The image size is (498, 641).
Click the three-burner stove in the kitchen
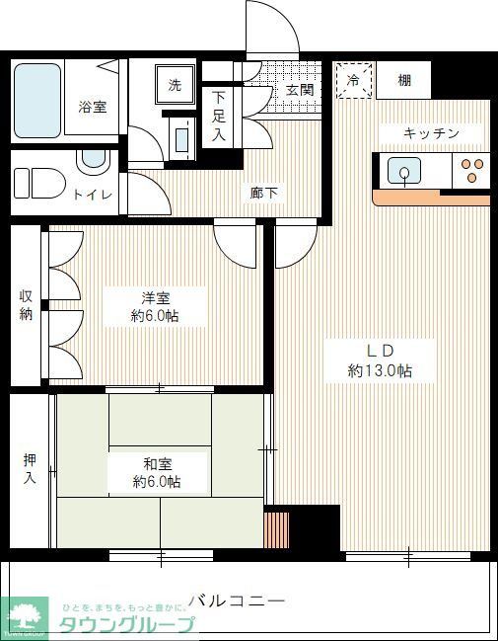[x=470, y=171]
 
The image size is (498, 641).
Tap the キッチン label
[x=430, y=133]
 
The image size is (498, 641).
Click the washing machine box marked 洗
[x=176, y=85]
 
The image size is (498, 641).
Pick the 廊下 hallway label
[x=263, y=194]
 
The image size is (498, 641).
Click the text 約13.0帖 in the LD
[x=379, y=370]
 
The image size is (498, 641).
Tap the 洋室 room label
[x=158, y=296]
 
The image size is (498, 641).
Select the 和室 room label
[x=158, y=462]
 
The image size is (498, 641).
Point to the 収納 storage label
[x=26, y=305]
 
